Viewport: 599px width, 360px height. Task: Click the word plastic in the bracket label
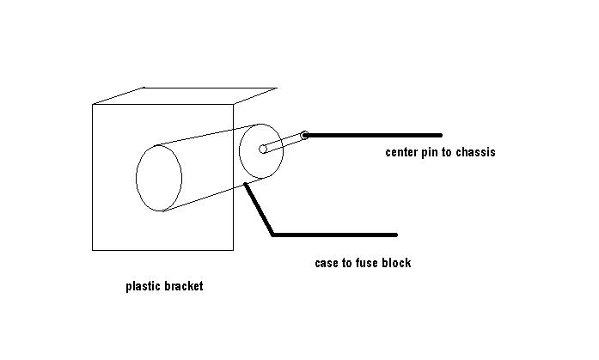pyautogui.click(x=144, y=287)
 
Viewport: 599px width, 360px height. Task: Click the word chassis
pyautogui.click(x=475, y=153)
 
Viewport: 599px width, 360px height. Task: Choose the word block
pyautogui.click(x=397, y=263)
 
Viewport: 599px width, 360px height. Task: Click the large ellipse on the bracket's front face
pyautogui.click(x=159, y=178)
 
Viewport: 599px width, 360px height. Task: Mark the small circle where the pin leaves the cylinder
pyautogui.click(x=264, y=149)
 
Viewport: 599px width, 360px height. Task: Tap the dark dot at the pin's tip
pyautogui.click(x=304, y=135)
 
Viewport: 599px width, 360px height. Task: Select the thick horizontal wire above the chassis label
pyautogui.click(x=374, y=135)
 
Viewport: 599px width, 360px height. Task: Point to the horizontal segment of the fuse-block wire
pyautogui.click(x=335, y=234)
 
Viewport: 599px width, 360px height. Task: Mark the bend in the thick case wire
pyautogui.click(x=273, y=233)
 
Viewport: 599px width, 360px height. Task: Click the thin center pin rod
pyautogui.click(x=284, y=143)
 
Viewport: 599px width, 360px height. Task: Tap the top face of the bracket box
pyautogui.click(x=185, y=95)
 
